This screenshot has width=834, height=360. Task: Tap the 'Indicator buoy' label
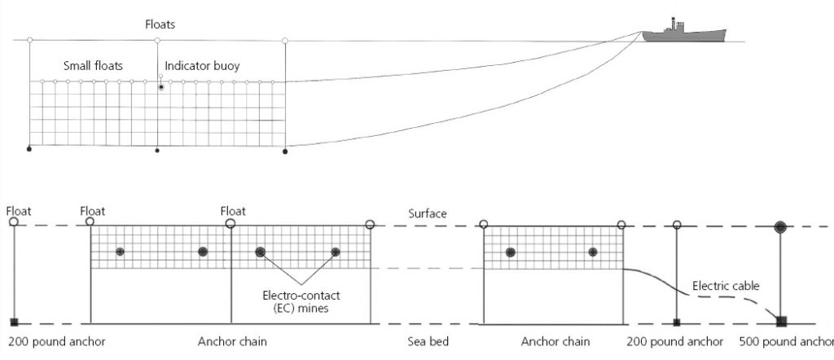pyautogui.click(x=202, y=66)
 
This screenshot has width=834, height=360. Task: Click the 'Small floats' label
pyautogui.click(x=93, y=66)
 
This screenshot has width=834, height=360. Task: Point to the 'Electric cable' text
pyautogui.click(x=726, y=285)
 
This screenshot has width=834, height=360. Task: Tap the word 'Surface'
pyautogui.click(x=428, y=213)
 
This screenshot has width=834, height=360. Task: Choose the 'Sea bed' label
pyautogui.click(x=428, y=341)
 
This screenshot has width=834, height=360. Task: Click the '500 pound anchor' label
pyautogui.click(x=786, y=341)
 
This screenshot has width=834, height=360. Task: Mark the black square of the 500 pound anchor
pyautogui.click(x=781, y=320)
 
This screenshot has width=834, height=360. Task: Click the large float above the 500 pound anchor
pyautogui.click(x=781, y=226)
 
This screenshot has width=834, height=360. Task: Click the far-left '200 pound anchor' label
pyautogui.click(x=56, y=341)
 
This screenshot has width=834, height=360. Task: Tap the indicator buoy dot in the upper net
pyautogui.click(x=161, y=86)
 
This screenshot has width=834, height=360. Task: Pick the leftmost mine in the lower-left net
pyautogui.click(x=120, y=252)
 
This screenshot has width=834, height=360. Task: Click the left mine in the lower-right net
pyautogui.click(x=511, y=252)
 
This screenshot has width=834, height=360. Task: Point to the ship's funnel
pyautogui.click(x=674, y=23)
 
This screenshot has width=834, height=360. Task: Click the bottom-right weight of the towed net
pyautogui.click(x=285, y=151)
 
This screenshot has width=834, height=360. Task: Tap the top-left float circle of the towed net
pyautogui.click(x=29, y=40)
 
